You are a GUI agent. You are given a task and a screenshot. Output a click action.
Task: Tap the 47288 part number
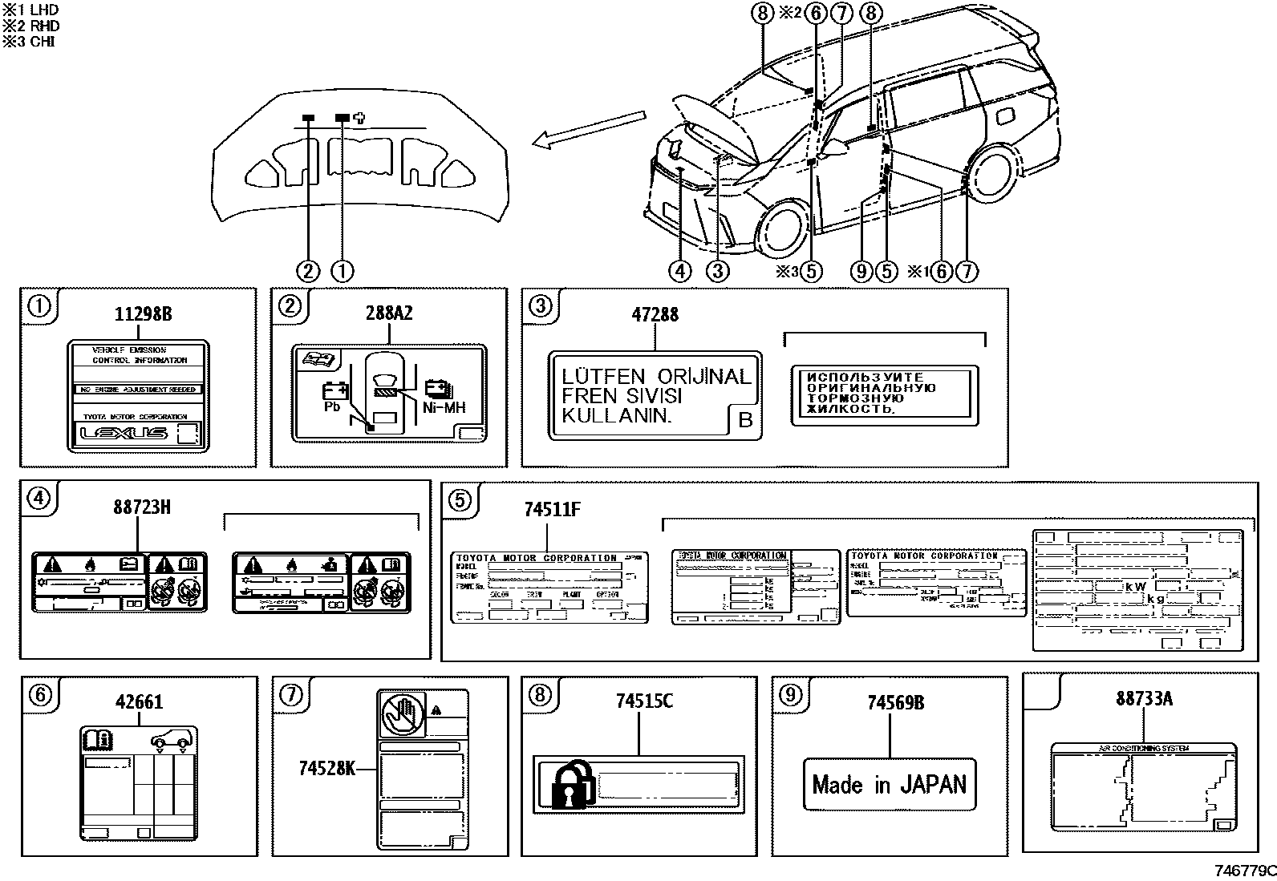click(655, 313)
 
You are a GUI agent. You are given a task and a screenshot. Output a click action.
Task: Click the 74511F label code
click(552, 508)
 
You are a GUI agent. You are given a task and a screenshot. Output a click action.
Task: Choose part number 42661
click(139, 702)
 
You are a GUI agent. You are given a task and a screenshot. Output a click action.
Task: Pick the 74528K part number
click(326, 768)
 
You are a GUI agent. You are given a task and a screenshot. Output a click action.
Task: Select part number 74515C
click(644, 701)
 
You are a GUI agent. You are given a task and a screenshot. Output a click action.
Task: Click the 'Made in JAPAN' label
click(890, 784)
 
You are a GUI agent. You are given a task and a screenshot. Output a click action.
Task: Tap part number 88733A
click(1143, 698)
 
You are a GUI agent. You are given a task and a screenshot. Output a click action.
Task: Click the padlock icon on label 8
click(572, 785)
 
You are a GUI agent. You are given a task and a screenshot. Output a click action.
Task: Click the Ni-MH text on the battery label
click(444, 408)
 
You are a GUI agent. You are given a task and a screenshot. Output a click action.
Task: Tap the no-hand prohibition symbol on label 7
click(399, 713)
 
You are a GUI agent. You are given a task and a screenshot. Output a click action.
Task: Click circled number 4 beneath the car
click(679, 271)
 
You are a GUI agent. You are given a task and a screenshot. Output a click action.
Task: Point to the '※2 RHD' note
click(30, 26)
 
